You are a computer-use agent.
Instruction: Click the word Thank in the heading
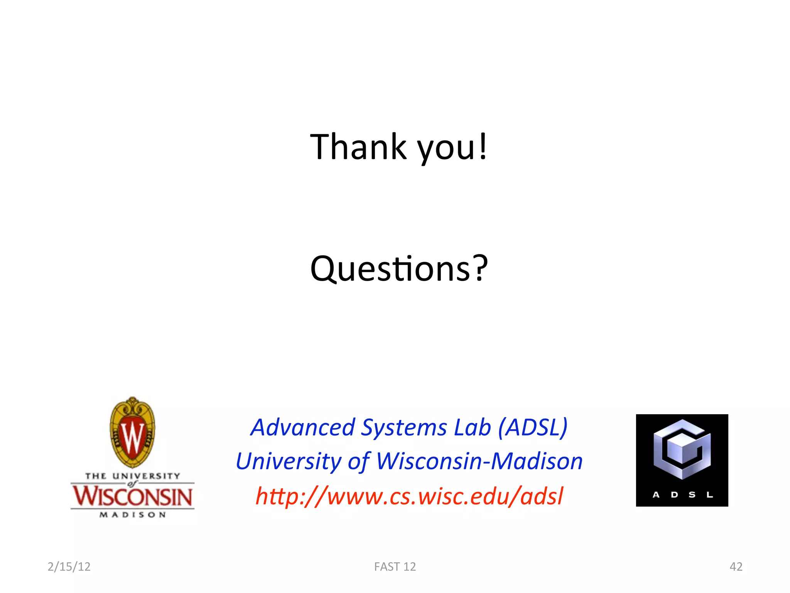pos(358,147)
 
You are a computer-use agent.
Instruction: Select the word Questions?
pos(399,269)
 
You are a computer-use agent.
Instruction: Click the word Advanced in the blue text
pos(302,427)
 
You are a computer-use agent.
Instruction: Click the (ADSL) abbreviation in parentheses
pos(533,428)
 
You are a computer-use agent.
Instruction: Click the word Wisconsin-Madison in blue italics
pos(479,461)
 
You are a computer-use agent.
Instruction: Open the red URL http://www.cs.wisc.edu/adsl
pos(409,496)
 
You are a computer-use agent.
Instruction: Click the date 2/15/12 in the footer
pos(69,566)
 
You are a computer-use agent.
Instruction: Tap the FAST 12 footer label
pos(395,566)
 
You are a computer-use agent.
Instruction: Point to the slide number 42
pos(736,566)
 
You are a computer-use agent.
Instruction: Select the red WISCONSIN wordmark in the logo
pos(132,496)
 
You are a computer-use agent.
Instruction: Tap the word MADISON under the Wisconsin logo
pos(132,515)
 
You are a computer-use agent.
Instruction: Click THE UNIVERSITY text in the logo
pos(132,476)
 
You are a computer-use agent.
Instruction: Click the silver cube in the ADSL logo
pos(682,450)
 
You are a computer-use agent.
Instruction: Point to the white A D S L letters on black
pos(682,495)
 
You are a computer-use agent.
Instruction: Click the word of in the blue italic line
pos(359,462)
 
